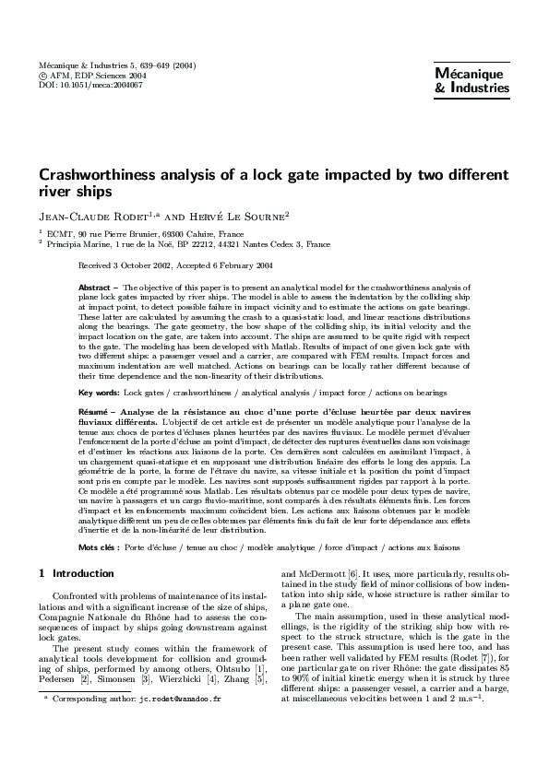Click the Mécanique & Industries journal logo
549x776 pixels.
(471, 81)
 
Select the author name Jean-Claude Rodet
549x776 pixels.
(94, 216)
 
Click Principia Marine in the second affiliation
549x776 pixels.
(77, 244)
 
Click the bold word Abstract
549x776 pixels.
(96, 288)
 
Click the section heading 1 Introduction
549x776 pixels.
(64, 573)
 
